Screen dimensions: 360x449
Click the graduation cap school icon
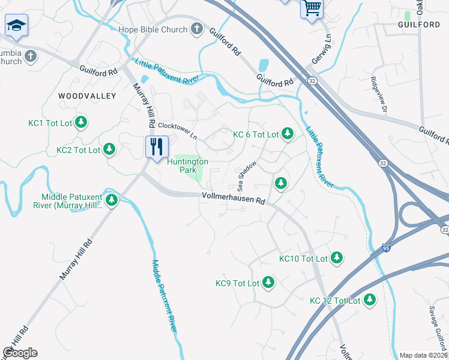16,25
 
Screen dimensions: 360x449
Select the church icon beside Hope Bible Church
196,28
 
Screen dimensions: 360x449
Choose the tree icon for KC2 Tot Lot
109,149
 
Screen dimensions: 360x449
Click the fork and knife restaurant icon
155,146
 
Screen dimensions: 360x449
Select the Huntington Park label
188,166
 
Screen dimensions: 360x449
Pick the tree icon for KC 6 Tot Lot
288,134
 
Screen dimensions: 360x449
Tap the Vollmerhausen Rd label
234,199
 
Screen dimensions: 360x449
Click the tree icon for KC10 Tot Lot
337,257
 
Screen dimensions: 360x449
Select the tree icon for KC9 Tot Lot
268,282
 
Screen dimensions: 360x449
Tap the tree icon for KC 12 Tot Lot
369,299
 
